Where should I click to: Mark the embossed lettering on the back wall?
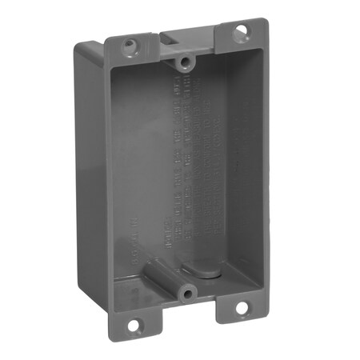(x=192, y=160)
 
